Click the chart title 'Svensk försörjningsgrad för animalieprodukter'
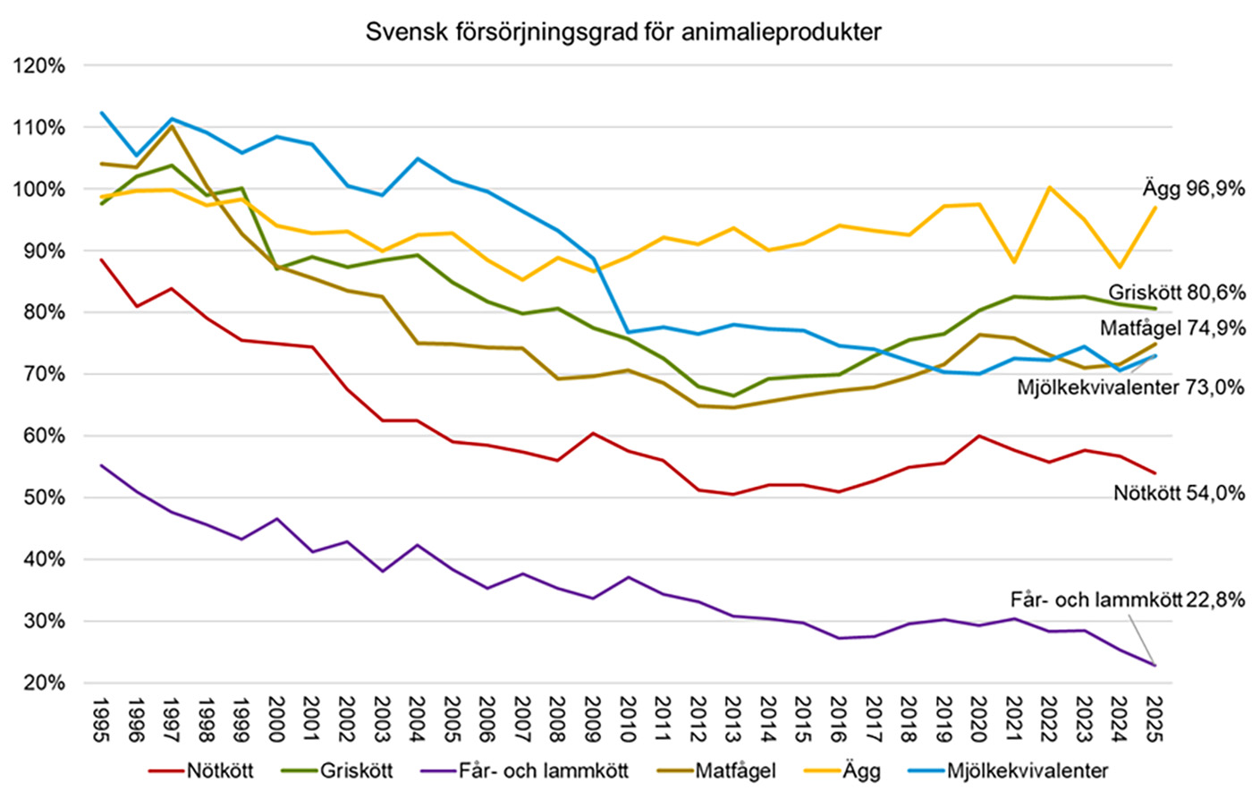click(x=623, y=32)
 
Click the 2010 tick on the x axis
click(x=627, y=719)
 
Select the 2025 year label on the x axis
click(x=1154, y=719)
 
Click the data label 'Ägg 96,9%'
click(x=1193, y=189)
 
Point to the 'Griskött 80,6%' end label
click(x=1177, y=293)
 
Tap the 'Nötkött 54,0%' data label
click(x=1179, y=493)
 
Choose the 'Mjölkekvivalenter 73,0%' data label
click(x=1130, y=387)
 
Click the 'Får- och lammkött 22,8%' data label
click(x=1127, y=600)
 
